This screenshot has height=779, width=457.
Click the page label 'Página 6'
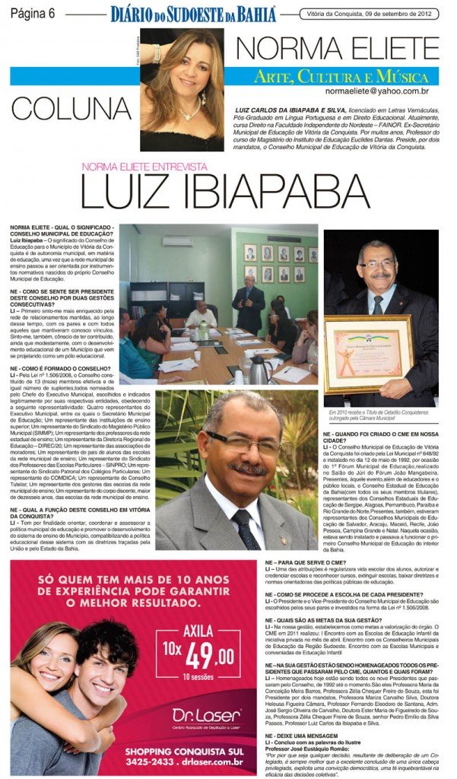pyautogui.click(x=31, y=13)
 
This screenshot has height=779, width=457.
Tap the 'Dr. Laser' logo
pyautogui.click(x=206, y=717)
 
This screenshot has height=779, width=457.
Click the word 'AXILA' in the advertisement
pyautogui.click(x=200, y=631)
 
